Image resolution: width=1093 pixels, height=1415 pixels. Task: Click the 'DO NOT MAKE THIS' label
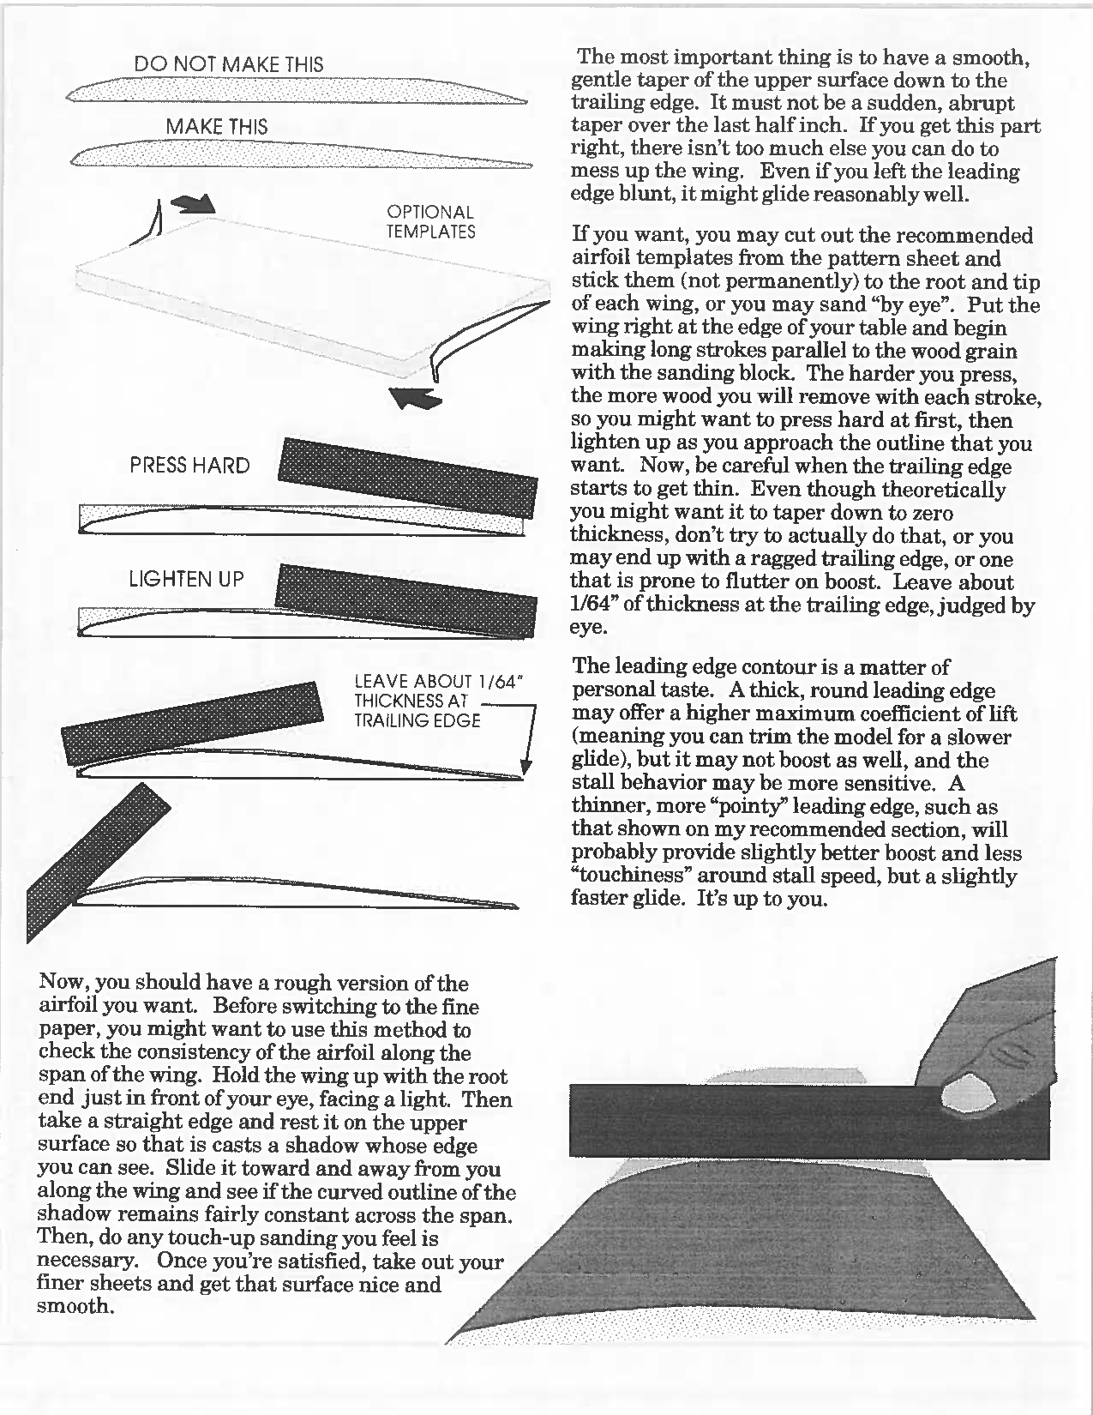coord(229,64)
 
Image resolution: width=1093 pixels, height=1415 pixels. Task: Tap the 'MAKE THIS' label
coord(216,127)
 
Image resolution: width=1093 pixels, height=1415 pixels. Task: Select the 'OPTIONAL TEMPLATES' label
coord(430,221)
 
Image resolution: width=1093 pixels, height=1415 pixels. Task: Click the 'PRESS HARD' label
coord(189,466)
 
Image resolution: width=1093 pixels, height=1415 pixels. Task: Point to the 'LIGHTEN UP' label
coord(186,579)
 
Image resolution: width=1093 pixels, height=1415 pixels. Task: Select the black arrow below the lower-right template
coord(415,398)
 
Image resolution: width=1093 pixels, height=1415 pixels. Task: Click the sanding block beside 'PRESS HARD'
coord(408,477)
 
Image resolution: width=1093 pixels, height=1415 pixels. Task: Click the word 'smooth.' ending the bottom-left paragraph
coord(75,1307)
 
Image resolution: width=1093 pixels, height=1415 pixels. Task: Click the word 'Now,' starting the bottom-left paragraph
coord(60,983)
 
